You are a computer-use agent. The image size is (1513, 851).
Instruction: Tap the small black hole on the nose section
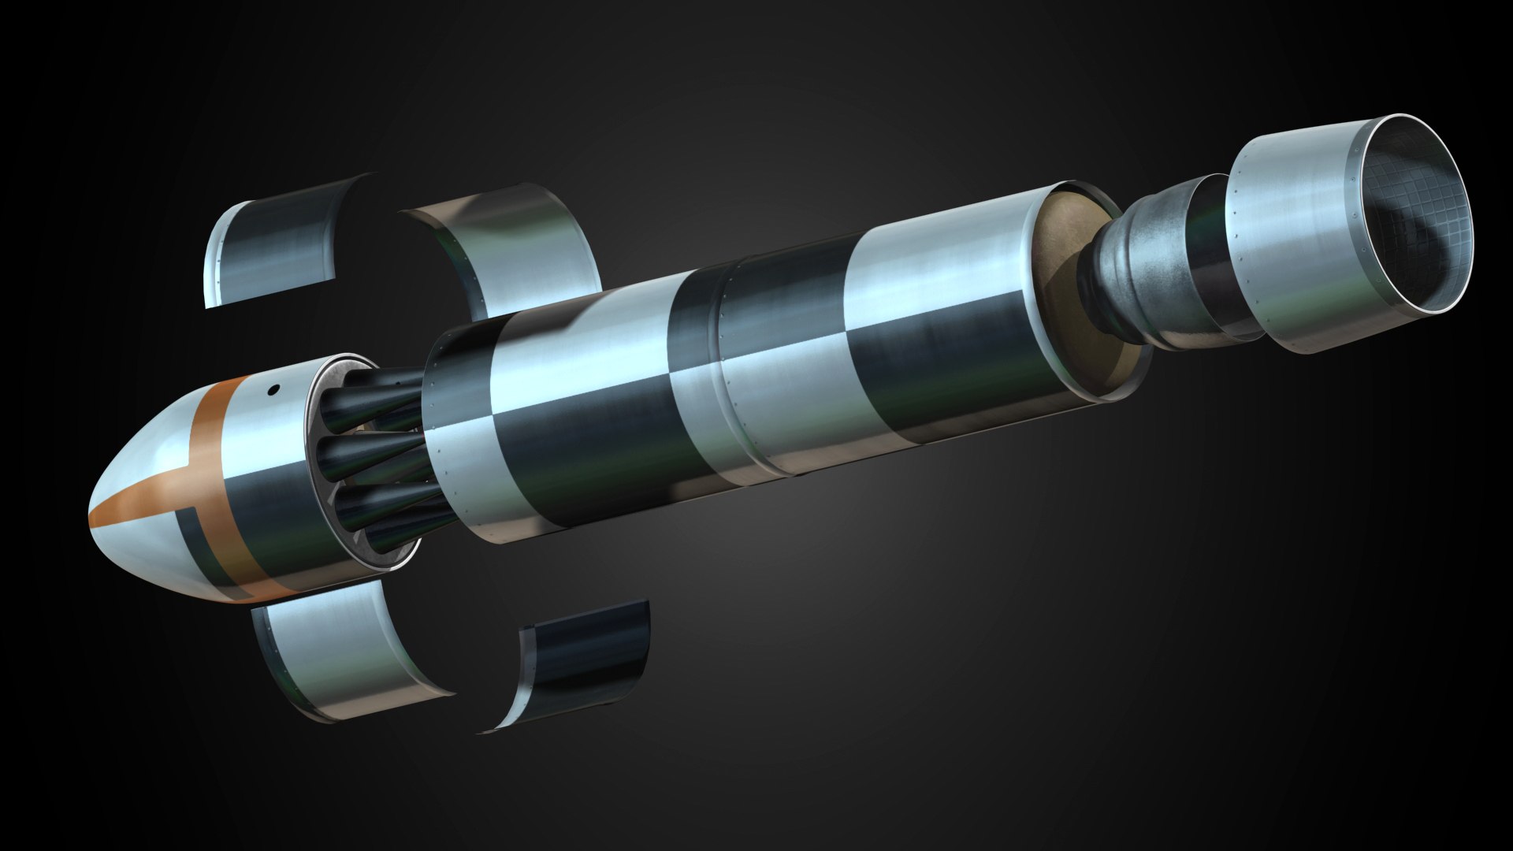pos(274,388)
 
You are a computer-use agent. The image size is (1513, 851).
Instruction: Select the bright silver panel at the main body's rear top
pos(938,260)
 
